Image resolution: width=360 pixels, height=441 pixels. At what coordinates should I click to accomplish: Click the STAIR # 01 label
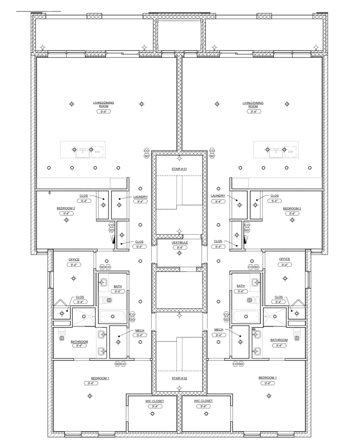click(179, 169)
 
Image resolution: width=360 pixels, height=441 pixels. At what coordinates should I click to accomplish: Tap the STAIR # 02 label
click(179, 379)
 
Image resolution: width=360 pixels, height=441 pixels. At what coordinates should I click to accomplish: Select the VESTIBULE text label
click(179, 243)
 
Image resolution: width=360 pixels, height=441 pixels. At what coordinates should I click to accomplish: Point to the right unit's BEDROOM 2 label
click(292, 209)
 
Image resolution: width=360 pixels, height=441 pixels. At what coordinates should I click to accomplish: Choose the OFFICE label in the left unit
click(74, 260)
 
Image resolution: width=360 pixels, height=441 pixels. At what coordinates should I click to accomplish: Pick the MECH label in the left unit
click(140, 330)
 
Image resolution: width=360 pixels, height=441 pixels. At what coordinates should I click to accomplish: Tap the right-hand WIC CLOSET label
click(203, 401)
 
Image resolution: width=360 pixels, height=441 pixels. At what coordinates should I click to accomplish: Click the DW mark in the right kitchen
click(291, 152)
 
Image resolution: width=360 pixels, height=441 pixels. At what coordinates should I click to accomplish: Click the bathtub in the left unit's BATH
click(113, 316)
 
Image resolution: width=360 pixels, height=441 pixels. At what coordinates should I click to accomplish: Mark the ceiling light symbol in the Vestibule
click(179, 253)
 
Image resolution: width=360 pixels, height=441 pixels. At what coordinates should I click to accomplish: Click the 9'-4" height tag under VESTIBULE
click(179, 247)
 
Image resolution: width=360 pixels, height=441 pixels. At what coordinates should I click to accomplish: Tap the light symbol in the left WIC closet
click(152, 414)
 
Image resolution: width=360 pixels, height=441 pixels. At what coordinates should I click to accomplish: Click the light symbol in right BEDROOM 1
click(269, 396)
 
